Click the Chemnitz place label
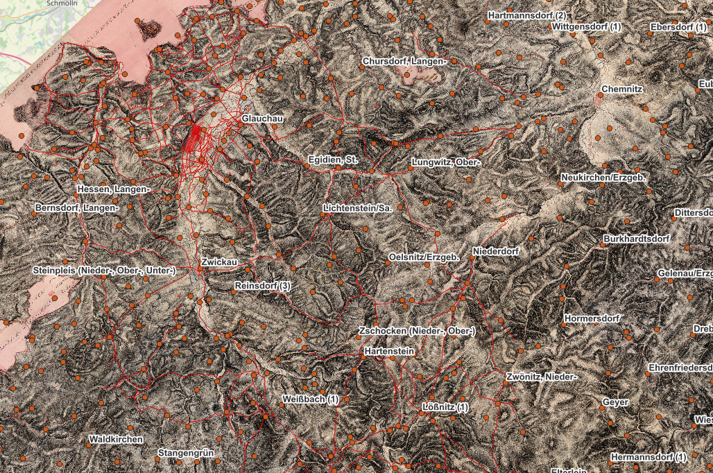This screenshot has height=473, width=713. click(x=623, y=89)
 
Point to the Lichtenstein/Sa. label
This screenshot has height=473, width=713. click(x=359, y=209)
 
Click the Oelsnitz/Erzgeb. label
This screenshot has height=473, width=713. click(x=423, y=258)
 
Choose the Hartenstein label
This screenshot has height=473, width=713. click(x=388, y=352)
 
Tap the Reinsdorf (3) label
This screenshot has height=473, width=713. click(x=262, y=286)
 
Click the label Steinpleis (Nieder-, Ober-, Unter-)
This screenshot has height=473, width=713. click(x=104, y=270)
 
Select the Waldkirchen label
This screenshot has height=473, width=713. click(x=116, y=440)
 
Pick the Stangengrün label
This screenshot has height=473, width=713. click(x=187, y=454)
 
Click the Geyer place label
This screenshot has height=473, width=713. click(x=616, y=402)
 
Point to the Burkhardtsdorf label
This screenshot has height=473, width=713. click(x=636, y=239)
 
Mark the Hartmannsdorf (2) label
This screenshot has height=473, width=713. click(x=527, y=15)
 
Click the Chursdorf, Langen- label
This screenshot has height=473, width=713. click(x=405, y=62)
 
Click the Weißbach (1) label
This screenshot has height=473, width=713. click(x=311, y=400)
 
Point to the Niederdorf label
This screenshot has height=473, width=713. click(x=495, y=250)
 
